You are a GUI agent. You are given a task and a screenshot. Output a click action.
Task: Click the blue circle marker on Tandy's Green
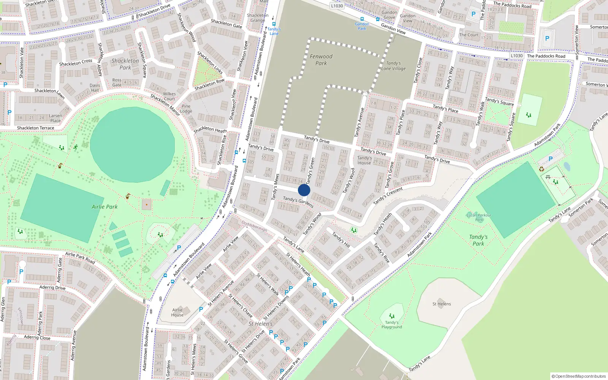[x=304, y=190]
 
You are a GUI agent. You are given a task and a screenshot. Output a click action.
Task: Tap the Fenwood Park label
[x=321, y=60]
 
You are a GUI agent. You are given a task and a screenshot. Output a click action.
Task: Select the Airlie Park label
[x=104, y=207]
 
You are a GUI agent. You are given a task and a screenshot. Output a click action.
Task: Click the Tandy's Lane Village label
[x=394, y=66]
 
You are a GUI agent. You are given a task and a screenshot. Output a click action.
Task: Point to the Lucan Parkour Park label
[x=479, y=217]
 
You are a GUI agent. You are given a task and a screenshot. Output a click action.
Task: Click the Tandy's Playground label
[x=392, y=325]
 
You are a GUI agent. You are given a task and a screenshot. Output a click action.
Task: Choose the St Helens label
[x=442, y=304]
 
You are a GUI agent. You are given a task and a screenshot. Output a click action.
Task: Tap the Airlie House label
[x=177, y=312]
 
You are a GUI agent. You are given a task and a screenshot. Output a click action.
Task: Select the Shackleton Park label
[x=125, y=64]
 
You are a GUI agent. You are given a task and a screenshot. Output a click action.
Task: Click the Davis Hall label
[x=95, y=88]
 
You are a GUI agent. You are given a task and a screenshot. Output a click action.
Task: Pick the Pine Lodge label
[x=186, y=109]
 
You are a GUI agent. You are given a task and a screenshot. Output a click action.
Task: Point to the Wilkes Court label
[x=169, y=97]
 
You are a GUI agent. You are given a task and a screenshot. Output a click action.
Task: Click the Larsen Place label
[x=55, y=118]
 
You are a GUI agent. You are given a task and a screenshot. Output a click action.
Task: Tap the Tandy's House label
[x=364, y=160]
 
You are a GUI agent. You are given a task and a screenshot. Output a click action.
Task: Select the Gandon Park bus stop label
[x=362, y=26]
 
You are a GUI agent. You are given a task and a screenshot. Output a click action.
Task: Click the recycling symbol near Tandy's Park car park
[x=541, y=169]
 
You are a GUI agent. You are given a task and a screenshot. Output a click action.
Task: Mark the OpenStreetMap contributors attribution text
[x=579, y=377]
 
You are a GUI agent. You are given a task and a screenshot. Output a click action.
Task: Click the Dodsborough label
[x=255, y=227]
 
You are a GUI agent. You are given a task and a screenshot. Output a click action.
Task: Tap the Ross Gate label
[x=117, y=82]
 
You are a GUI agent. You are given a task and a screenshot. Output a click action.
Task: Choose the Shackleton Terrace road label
[x=35, y=128]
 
